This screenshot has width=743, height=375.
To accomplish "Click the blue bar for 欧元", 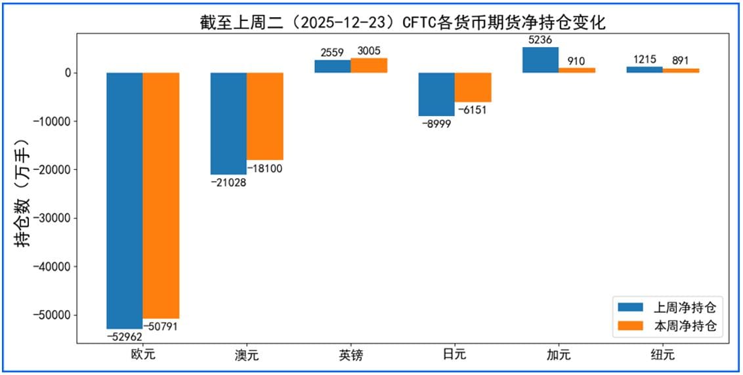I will click(125, 200).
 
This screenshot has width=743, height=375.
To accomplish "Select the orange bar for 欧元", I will click(161, 195).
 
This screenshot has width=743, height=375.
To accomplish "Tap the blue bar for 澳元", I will click(228, 123).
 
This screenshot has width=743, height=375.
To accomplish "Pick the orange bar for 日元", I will click(473, 87).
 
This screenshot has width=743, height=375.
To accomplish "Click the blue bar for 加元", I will click(540, 60).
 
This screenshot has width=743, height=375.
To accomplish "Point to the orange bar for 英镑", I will click(369, 65).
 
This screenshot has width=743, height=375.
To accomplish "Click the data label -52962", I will click(124, 336).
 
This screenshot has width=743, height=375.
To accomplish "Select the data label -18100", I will click(265, 168).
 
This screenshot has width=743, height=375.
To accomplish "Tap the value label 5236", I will click(540, 40).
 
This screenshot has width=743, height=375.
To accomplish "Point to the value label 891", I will click(680, 61).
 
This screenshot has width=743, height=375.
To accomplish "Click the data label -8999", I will click(436, 124).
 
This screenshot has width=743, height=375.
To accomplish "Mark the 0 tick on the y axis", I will click(66, 73).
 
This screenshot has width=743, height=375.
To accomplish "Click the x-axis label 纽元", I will click(662, 355).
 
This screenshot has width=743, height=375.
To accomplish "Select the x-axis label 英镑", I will click(350, 355).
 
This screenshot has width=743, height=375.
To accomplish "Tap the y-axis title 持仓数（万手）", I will click(24, 192).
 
